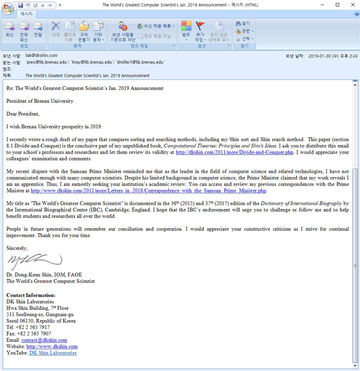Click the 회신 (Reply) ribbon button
coord(9,29)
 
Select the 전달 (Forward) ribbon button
coord(38,29)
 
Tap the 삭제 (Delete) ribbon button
coord(56,29)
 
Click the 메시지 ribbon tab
coord(27,14)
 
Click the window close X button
coord(351,5)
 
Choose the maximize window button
coord(337,5)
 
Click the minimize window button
coord(324,5)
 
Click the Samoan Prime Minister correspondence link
coord(148,191)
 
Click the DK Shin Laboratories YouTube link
coord(53,353)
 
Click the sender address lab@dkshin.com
coord(41,55)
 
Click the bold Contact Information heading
coord(31,295)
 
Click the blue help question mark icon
coord(356,14)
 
